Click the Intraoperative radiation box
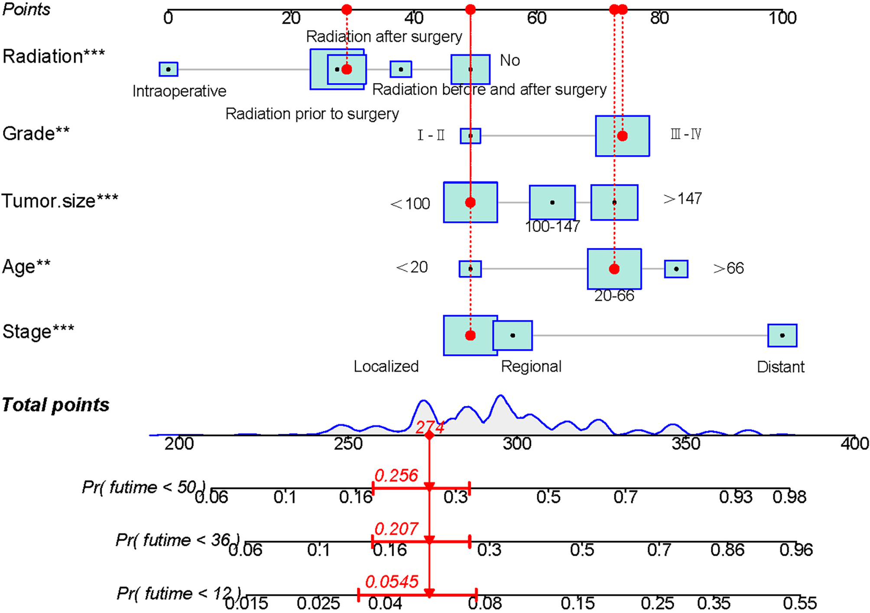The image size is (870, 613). coord(168,69)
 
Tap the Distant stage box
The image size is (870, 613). coord(782,335)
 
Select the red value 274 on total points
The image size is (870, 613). coord(429,427)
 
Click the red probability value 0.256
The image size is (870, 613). coord(396,476)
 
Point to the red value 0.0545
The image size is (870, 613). coord(392,582)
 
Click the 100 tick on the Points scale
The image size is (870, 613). coord(782,18)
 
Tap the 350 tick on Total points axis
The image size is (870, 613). coord(686,443)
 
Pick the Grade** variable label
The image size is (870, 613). coord(36,134)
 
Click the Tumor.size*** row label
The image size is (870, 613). coord(60,201)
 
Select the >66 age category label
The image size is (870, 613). coord(728,268)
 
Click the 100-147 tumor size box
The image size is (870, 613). coord(552,202)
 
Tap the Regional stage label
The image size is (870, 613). coord(531,367)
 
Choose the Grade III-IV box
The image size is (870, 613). coord(622,136)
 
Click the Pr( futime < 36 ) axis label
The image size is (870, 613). coord(178,540)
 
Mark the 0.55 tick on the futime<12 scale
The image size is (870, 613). coord(799,603)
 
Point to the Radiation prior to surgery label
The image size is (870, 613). coord(312,114)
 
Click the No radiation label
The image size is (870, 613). coord(510,60)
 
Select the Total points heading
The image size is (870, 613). coord(55,404)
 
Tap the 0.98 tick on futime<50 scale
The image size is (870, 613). coord(789,497)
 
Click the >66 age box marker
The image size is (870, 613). coord(676,269)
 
